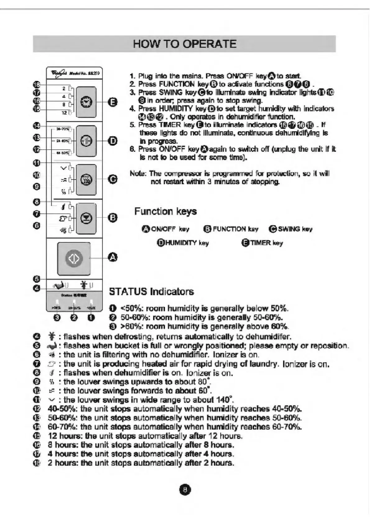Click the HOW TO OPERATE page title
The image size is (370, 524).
click(x=185, y=44)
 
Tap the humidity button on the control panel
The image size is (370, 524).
click(x=86, y=141)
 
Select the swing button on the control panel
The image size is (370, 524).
click(x=86, y=180)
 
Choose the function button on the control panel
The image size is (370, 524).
click(x=86, y=218)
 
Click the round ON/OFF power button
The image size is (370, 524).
click(x=74, y=258)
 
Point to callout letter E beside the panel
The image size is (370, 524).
click(x=113, y=102)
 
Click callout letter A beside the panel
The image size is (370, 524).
click(x=113, y=257)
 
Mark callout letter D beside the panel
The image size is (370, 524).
click(x=113, y=141)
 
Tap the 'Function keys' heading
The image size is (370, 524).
click(x=165, y=211)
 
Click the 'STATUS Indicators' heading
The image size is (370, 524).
click(x=151, y=292)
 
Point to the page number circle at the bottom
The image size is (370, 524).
click(x=185, y=490)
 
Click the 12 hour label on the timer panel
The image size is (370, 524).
click(x=64, y=113)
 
